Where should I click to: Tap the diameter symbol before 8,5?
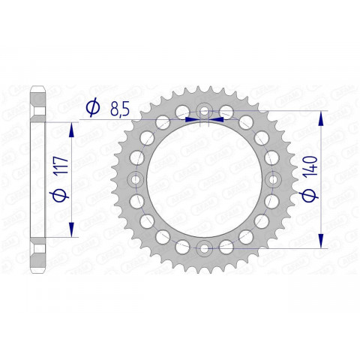coord(92,109)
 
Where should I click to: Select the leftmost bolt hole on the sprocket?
coord(136,179)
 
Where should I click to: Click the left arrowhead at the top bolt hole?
coord(193,118)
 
